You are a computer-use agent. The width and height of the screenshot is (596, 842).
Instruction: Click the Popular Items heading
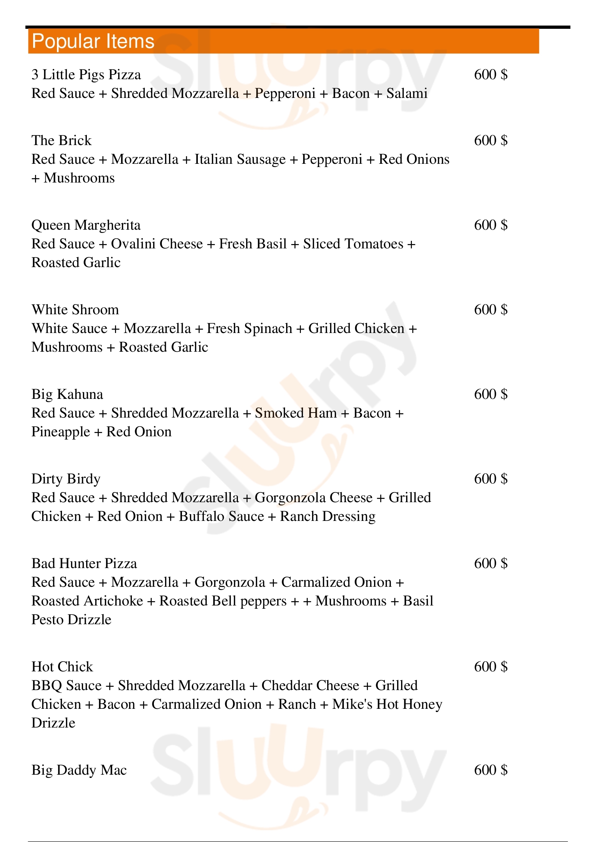(x=93, y=41)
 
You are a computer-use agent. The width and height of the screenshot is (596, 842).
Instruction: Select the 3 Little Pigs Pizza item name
(x=86, y=75)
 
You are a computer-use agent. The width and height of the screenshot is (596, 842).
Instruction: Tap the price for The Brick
(x=491, y=140)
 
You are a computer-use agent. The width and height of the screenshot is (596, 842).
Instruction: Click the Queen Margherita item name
(x=86, y=225)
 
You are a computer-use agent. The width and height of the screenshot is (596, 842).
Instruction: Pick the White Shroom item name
(x=75, y=310)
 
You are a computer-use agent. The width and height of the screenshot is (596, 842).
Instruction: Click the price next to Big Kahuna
(x=491, y=394)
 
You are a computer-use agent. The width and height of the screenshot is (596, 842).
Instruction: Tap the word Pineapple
(x=61, y=432)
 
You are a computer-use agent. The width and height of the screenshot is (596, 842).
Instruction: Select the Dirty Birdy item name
(x=66, y=478)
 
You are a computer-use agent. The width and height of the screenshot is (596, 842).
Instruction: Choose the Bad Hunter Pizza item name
(x=84, y=563)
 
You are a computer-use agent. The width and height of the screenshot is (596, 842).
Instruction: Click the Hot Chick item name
(x=62, y=666)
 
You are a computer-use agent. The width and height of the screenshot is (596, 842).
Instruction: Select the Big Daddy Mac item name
(x=79, y=770)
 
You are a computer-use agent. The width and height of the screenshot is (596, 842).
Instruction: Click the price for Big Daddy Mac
(x=491, y=770)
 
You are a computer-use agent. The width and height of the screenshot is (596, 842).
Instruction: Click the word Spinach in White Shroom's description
(x=268, y=329)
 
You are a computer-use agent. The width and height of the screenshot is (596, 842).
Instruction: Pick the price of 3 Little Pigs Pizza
(x=491, y=75)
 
